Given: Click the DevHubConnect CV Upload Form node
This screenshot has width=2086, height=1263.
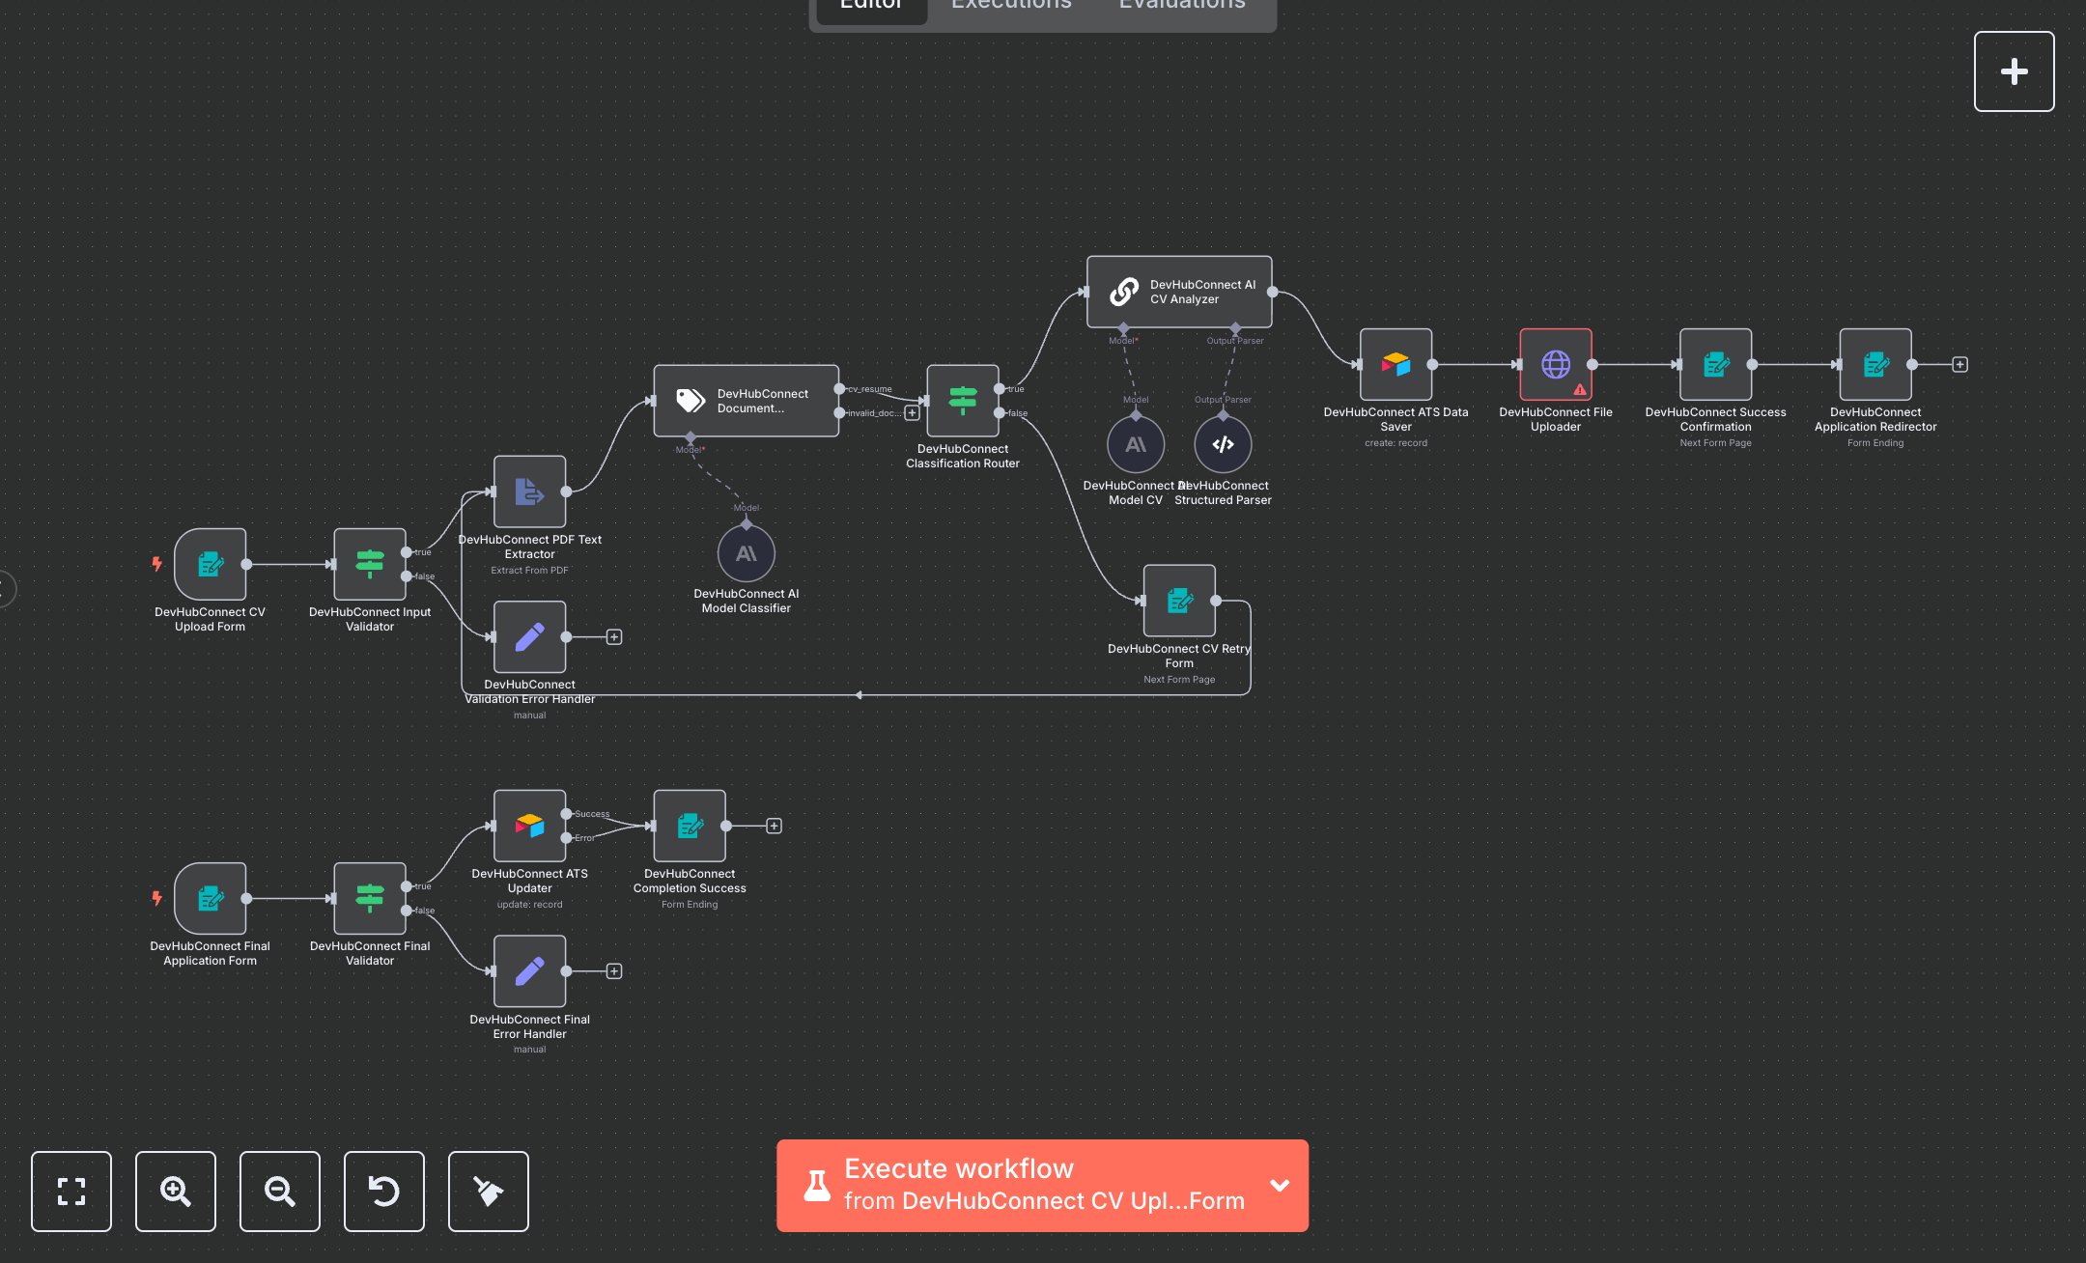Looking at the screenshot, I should click(x=211, y=564).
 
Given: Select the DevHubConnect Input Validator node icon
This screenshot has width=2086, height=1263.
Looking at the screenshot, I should click(x=370, y=564).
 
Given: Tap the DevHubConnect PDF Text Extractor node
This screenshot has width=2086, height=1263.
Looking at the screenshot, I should click(x=529, y=491).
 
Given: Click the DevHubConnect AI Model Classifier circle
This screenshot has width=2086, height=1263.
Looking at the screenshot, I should click(x=747, y=553).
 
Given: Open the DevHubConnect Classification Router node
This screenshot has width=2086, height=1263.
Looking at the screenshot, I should click(x=963, y=400).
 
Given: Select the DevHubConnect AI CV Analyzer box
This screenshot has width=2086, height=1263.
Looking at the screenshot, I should click(x=1179, y=292).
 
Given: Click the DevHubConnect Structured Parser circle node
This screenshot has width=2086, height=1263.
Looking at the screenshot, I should click(x=1223, y=444).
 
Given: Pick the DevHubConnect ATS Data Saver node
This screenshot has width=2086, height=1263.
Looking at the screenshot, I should click(x=1395, y=364).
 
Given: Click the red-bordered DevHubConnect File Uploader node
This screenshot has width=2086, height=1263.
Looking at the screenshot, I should click(x=1556, y=364).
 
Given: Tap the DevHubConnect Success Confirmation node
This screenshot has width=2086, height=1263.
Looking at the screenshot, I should click(x=1715, y=364).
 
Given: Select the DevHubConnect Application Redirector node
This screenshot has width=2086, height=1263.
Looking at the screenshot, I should click(x=1875, y=364).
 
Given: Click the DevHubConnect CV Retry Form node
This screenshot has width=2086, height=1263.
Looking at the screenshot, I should click(x=1179, y=601).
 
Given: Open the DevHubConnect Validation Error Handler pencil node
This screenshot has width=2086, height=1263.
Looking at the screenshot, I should click(x=529, y=637).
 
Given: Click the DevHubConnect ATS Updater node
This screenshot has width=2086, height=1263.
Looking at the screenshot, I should click(x=529, y=826).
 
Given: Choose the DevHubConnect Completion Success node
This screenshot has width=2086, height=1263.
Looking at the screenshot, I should click(x=690, y=826).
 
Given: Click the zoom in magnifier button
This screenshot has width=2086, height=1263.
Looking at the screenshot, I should click(x=176, y=1192).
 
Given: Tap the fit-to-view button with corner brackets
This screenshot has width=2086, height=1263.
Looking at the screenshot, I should click(x=71, y=1192).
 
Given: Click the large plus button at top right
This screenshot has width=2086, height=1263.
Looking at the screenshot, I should click(x=2014, y=71).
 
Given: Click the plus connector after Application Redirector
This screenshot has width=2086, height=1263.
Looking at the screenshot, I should click(x=1959, y=364).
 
